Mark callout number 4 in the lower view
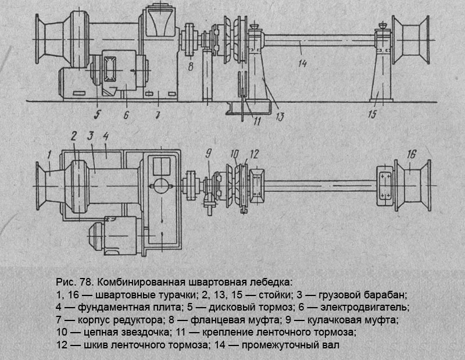click(x=106, y=138)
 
